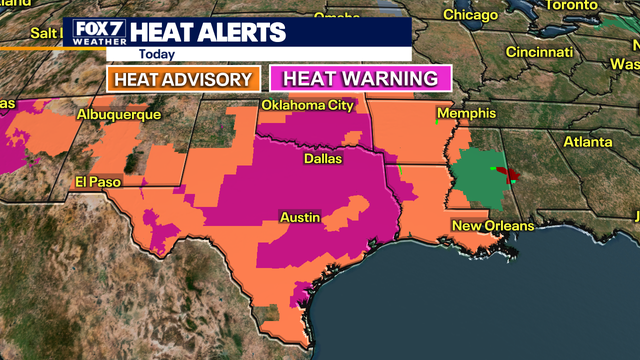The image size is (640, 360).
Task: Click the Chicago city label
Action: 470,15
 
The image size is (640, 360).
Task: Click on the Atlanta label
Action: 588,141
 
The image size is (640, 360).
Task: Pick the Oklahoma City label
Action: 308,106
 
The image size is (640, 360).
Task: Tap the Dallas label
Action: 323,158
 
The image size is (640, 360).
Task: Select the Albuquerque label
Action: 119,115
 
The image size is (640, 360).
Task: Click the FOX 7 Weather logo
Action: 96,33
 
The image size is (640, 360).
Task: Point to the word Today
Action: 156,54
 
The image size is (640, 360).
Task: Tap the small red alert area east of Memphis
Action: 509,175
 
